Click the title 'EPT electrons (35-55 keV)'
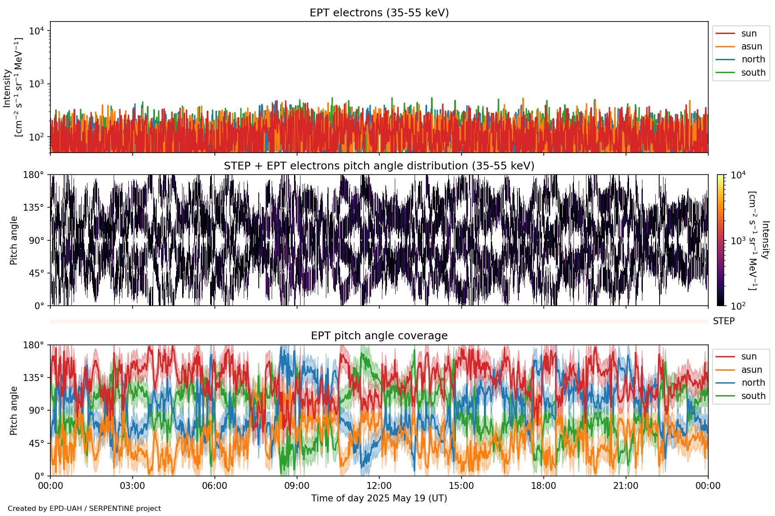(379, 13)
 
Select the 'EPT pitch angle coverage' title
(379, 336)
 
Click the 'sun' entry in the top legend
(749, 34)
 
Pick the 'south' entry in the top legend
(753, 73)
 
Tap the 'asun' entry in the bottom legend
(751, 370)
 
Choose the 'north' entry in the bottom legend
(753, 383)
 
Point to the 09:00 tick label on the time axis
(297, 486)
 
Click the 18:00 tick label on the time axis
(543, 486)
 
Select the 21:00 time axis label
(626, 486)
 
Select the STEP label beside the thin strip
(724, 321)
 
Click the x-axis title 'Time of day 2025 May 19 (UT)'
(379, 498)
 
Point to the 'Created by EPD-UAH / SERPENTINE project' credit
(84, 509)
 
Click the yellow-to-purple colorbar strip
(720, 240)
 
